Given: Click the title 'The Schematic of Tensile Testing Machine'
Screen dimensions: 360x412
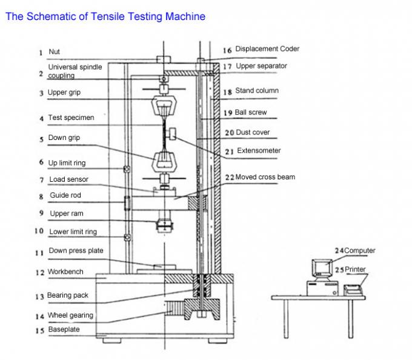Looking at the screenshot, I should (105, 16).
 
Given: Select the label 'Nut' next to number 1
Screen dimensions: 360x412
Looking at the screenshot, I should (54, 52).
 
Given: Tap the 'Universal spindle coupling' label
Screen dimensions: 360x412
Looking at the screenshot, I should (75, 71).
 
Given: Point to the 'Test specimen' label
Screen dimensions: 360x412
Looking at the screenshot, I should (71, 118).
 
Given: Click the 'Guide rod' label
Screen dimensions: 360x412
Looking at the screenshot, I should (65, 196).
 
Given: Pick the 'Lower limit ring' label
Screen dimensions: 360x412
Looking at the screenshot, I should (73, 232).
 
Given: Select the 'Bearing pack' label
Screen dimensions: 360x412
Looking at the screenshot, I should (68, 296).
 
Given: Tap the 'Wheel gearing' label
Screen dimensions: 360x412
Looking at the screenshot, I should (70, 315).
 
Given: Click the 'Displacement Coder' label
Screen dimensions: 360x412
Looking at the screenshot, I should (267, 49).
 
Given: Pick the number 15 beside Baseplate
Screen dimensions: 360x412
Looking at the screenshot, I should (39, 330).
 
